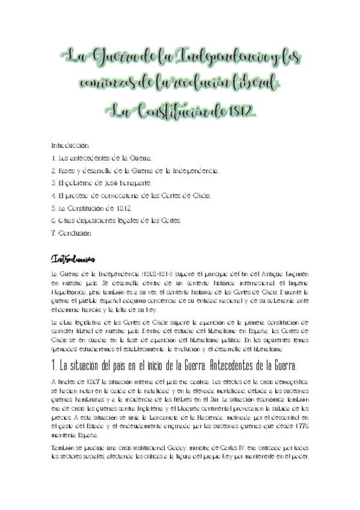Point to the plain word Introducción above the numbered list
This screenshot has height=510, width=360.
(70, 145)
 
